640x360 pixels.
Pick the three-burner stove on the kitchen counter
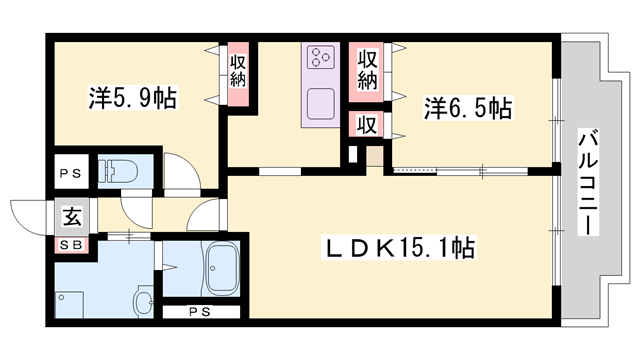tap(321, 56)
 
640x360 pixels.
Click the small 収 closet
tap(366, 125)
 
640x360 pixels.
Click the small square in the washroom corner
tap(64, 298)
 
